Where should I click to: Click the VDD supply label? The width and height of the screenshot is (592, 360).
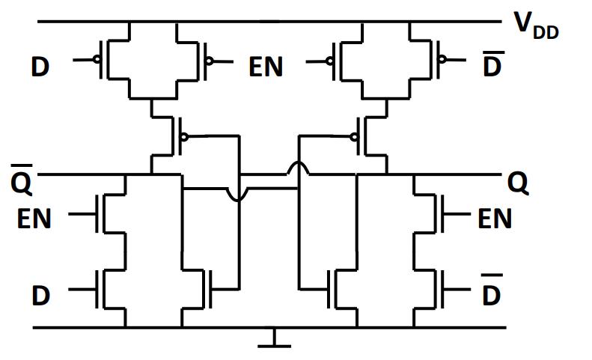(536, 26)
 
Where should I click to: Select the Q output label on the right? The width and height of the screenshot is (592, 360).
(517, 181)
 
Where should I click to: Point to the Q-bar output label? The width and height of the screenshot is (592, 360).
(20, 180)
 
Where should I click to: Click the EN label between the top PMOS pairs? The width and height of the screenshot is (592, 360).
(266, 67)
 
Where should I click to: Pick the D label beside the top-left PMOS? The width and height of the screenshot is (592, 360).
(40, 67)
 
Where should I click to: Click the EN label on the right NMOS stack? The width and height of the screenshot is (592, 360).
(495, 219)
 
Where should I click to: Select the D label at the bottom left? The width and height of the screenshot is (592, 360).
(40, 295)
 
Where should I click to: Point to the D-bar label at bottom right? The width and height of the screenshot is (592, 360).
(491, 293)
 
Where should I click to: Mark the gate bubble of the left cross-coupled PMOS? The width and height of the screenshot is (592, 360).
(183, 137)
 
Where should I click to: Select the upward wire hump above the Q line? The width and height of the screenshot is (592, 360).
(297, 168)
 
